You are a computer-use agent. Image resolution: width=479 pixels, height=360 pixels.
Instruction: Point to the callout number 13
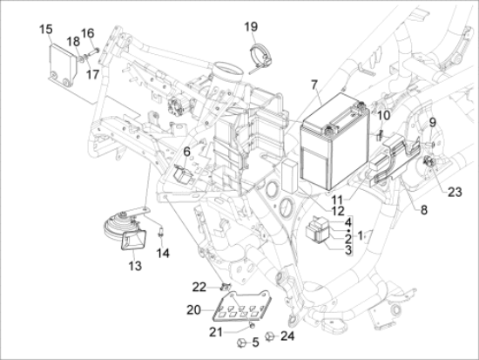[x=134, y=265]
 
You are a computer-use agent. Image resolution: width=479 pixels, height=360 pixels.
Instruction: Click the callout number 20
[x=192, y=309]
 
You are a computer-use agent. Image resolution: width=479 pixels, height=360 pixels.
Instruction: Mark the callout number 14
[x=162, y=254]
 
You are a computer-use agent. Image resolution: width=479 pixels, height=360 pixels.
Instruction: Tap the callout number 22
[x=199, y=287]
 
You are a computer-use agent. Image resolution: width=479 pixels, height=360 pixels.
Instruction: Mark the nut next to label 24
[x=270, y=334]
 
